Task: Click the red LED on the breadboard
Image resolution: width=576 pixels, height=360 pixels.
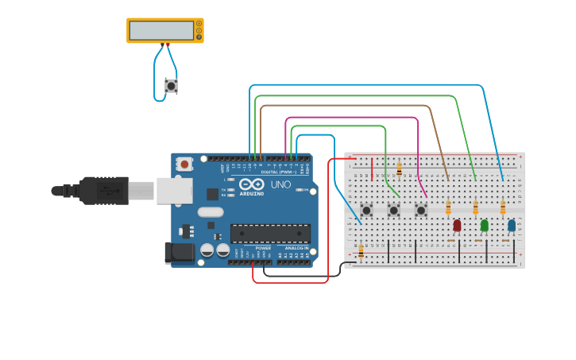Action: pos(457,225)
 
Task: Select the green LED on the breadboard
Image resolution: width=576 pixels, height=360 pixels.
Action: pos(485,225)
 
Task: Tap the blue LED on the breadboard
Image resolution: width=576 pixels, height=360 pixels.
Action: pos(512,225)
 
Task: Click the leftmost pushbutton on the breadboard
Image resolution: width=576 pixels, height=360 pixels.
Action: pos(366,210)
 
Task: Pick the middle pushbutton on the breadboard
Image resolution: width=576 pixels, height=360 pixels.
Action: pos(393,210)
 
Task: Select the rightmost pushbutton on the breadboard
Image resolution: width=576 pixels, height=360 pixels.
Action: pos(421,210)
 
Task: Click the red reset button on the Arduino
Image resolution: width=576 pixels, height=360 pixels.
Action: pos(185,165)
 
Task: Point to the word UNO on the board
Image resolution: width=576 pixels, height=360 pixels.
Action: pos(280,184)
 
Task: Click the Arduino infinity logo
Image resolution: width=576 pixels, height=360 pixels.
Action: pos(252,184)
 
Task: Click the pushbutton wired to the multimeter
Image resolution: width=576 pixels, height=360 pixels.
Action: pos(171,86)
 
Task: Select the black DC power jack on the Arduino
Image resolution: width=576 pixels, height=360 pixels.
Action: pos(179,253)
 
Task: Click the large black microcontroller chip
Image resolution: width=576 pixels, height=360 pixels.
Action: pos(270,233)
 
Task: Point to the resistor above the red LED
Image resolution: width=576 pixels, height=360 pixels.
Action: pos(448,207)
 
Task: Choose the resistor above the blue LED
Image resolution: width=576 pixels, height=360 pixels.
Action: pos(503,207)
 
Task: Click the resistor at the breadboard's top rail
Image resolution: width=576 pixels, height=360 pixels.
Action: pos(399,169)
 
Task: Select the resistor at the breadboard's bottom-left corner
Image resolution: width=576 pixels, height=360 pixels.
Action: pos(361,251)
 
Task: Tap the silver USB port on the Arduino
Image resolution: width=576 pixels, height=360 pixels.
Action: pos(174,191)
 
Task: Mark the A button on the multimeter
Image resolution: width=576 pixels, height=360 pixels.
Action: pos(199,24)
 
